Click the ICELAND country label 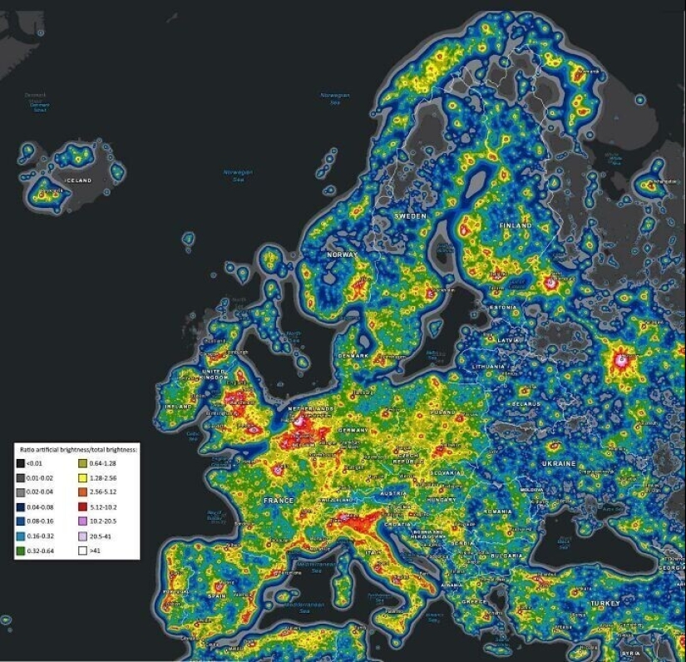79,180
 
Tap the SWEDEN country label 409,216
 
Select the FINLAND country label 515,225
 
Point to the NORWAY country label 342,254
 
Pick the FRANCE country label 279,501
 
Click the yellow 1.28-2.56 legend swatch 84,479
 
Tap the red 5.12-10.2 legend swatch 84,506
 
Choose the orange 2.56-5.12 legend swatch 84,492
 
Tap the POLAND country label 443,411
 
